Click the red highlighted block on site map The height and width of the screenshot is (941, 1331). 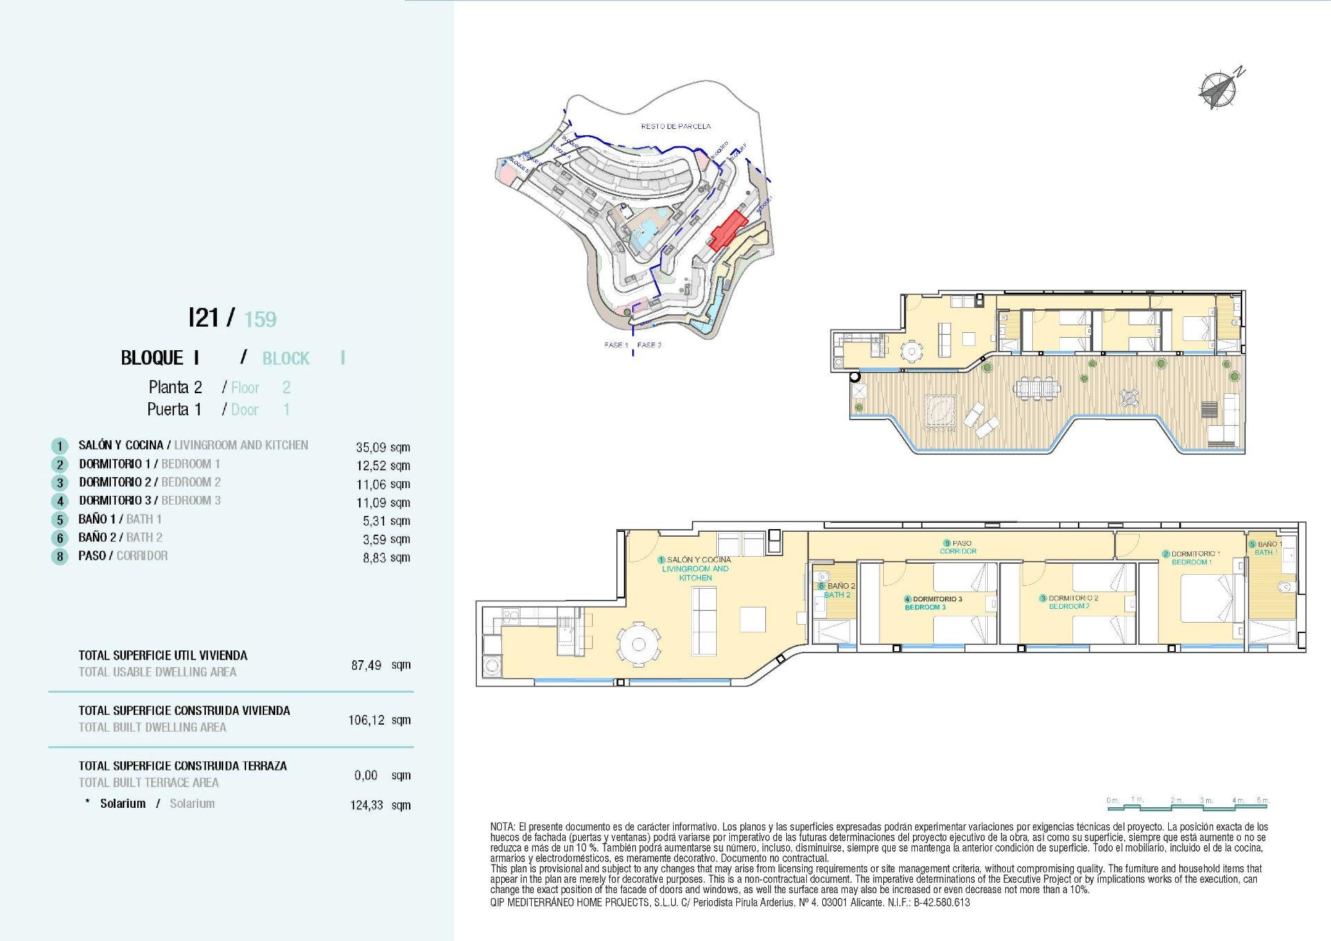pos(727,231)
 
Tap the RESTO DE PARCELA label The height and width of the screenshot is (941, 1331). pos(675,126)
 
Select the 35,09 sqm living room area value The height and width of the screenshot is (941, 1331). pos(382,447)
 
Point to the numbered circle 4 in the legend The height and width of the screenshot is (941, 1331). pos(60,501)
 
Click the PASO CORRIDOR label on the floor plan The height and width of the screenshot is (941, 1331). pos(958,547)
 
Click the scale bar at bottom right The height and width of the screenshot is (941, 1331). pos(1187,804)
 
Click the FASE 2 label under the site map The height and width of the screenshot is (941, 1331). pos(649,345)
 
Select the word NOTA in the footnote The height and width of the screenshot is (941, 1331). pos(502,827)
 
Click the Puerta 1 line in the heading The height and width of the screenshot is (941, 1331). pos(174,410)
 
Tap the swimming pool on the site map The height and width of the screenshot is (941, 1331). pos(646,230)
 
